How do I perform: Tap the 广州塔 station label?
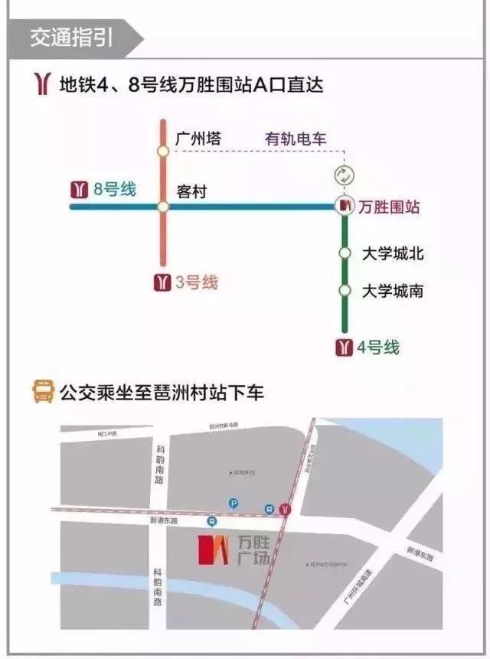(198, 139)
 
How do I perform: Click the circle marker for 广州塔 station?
(163, 152)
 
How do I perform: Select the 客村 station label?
(191, 191)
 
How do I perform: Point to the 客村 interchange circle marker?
(163, 207)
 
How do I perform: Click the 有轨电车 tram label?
(296, 139)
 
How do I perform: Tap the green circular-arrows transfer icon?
(345, 174)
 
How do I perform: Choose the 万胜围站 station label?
(390, 207)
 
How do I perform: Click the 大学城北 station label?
(393, 253)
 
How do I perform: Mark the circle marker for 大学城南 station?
(345, 291)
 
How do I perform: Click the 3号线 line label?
(196, 282)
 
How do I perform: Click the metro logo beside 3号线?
(162, 282)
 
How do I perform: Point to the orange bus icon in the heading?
(43, 393)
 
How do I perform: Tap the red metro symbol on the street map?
(286, 507)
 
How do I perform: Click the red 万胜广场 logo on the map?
(214, 550)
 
